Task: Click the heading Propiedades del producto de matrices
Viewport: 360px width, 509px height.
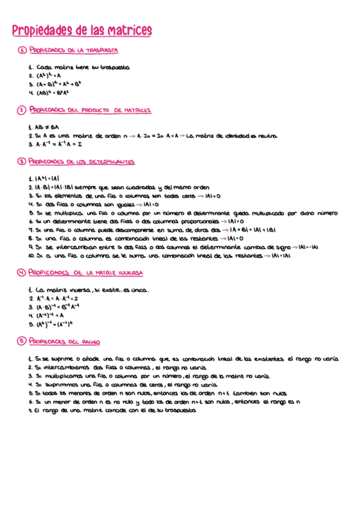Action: click(x=90, y=110)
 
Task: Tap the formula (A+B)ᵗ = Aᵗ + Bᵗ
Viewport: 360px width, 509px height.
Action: click(x=57, y=85)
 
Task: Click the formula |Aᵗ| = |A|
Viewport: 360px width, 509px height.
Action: click(x=46, y=178)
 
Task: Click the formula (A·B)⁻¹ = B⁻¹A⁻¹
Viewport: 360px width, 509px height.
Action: click(x=56, y=307)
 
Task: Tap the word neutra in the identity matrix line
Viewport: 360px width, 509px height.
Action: click(x=267, y=136)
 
